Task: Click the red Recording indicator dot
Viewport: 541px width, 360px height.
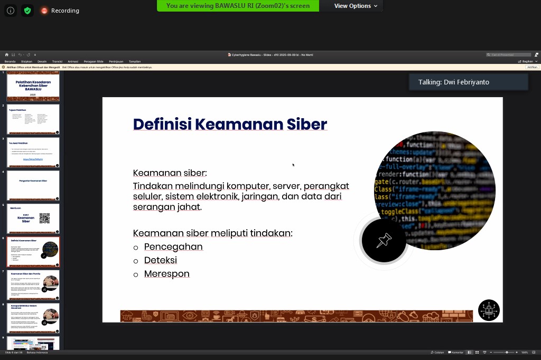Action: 44,11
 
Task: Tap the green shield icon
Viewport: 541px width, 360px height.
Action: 27,11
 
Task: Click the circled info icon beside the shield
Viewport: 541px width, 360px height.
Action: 11,11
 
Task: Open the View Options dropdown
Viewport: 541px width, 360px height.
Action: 356,6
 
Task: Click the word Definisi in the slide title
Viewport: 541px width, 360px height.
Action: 162,124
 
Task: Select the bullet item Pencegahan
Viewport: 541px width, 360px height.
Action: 173,247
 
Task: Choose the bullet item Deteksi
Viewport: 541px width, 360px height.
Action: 160,260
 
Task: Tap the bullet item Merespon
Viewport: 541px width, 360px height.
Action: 166,274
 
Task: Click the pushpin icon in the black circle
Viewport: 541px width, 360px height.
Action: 384,241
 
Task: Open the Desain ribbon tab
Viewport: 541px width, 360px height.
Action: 42,61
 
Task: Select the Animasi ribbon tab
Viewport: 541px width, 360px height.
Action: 73,61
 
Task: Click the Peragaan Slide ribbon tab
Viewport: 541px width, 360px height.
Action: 94,61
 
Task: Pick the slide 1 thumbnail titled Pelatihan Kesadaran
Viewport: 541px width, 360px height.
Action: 33,87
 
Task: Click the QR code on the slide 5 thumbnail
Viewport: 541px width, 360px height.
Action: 44,218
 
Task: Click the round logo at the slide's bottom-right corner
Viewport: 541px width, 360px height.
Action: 489,310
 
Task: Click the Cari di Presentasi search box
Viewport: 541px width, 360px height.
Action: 509,55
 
